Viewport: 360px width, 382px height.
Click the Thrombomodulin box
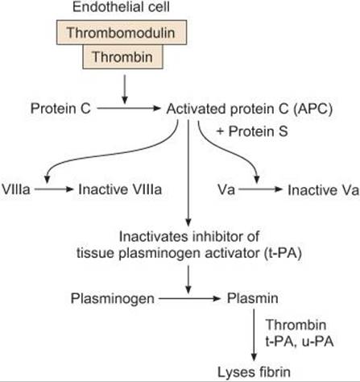(x=122, y=32)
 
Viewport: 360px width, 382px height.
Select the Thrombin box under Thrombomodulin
(x=122, y=56)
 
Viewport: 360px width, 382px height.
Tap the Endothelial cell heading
(x=121, y=6)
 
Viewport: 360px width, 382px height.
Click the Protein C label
(x=60, y=109)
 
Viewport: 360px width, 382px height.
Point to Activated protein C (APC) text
(x=250, y=109)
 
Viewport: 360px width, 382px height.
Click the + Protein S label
(x=252, y=131)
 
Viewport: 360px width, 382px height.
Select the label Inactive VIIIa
(x=120, y=189)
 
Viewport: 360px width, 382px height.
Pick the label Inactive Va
(x=323, y=190)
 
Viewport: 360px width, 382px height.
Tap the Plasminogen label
(x=113, y=298)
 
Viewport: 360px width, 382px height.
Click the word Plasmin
(x=253, y=298)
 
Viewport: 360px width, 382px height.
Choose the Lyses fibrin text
(x=254, y=372)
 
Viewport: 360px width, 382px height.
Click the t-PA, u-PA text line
(x=300, y=342)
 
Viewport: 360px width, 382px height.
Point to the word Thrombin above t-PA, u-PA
(x=296, y=325)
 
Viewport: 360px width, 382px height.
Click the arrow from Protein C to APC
(x=129, y=109)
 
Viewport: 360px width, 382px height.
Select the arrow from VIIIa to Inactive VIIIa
(x=54, y=189)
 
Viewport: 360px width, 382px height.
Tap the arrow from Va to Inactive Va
(x=261, y=189)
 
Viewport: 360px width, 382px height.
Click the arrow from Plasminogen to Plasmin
(x=189, y=298)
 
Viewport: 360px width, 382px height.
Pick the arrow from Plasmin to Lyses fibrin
(x=254, y=335)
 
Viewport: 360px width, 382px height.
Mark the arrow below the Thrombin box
(x=124, y=89)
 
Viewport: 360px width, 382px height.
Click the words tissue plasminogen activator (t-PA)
(x=189, y=253)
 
